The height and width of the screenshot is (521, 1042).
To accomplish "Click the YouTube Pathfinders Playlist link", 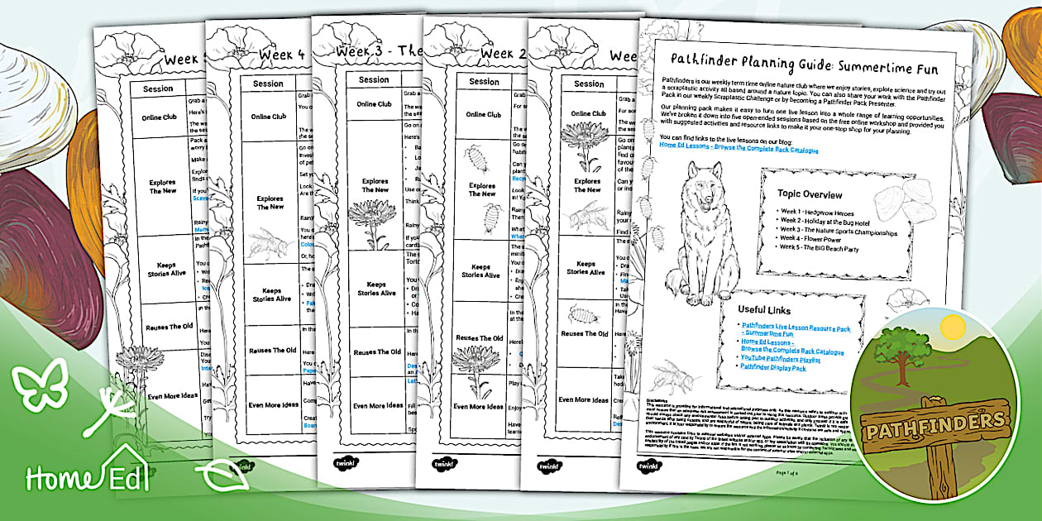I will pyautogui.click(x=781, y=358).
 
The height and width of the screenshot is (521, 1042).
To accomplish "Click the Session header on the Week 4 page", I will pyautogui.click(x=268, y=84).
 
